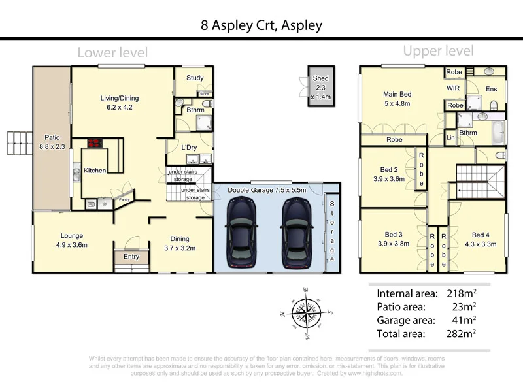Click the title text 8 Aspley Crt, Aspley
[261, 25]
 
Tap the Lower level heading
[112, 52]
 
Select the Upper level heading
[437, 50]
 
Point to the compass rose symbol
[305, 312]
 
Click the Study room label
[195, 78]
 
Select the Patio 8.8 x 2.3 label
[52, 142]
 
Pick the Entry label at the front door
[131, 257]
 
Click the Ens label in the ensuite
[491, 88]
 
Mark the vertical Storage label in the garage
[331, 227]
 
